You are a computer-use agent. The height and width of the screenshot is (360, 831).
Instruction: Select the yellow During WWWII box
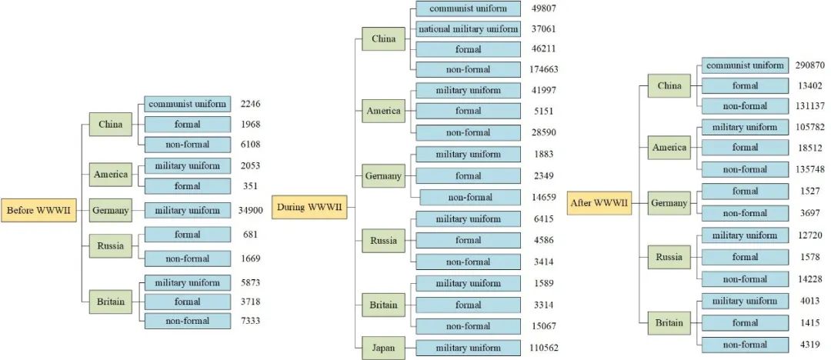[x=309, y=208]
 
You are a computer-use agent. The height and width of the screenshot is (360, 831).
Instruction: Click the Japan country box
[x=383, y=348]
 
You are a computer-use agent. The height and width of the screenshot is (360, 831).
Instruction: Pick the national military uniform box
[x=468, y=29]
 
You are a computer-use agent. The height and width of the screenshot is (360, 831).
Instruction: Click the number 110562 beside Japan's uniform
[x=544, y=348]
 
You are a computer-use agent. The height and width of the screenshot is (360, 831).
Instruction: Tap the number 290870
[x=811, y=65]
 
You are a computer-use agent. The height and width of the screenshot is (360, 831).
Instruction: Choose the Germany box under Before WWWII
[x=110, y=210]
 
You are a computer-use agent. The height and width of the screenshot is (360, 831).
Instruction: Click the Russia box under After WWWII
[x=668, y=257]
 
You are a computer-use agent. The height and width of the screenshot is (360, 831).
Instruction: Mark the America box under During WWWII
[x=383, y=111]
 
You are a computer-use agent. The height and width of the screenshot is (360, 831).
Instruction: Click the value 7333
[x=249, y=320]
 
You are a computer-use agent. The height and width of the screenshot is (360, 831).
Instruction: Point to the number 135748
[x=811, y=169]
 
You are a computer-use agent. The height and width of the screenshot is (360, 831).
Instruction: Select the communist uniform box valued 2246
[x=187, y=104]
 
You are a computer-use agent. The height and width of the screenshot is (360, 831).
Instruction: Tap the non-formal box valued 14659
[x=469, y=197]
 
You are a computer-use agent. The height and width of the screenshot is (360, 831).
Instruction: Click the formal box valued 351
[x=187, y=185]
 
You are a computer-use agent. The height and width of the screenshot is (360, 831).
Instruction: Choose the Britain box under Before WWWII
[x=110, y=302]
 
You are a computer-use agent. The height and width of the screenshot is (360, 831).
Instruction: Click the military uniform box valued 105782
[x=745, y=127]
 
